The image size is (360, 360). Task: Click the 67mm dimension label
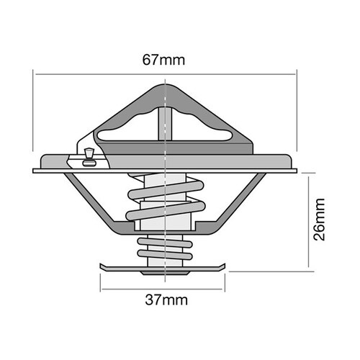[165, 60]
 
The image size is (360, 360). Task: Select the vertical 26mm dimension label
[322, 220]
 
